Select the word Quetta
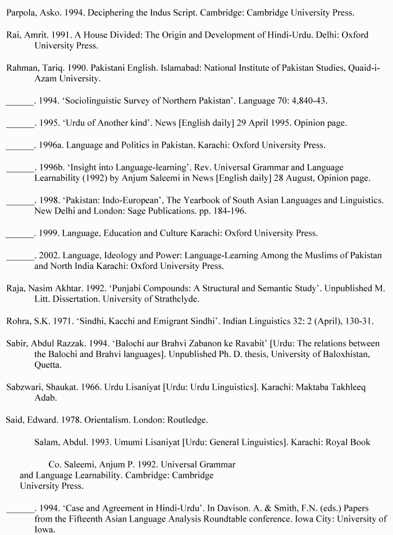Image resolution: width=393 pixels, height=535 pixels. coord(47,365)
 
